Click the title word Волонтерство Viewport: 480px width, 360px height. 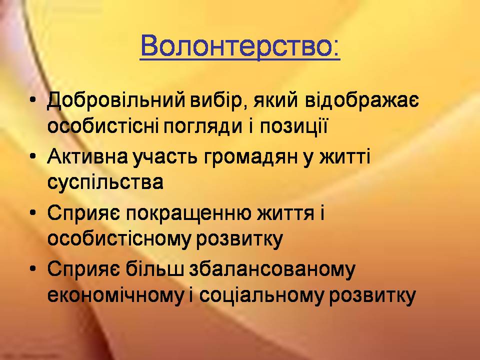pos(240,46)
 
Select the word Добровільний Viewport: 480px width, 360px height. pos(116,100)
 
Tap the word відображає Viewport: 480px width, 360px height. pos(362,100)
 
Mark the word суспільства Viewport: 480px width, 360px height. pos(105,182)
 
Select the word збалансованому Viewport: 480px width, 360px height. pos(272,269)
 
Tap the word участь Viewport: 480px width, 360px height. pos(164,156)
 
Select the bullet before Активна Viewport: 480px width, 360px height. pos(33,156)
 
